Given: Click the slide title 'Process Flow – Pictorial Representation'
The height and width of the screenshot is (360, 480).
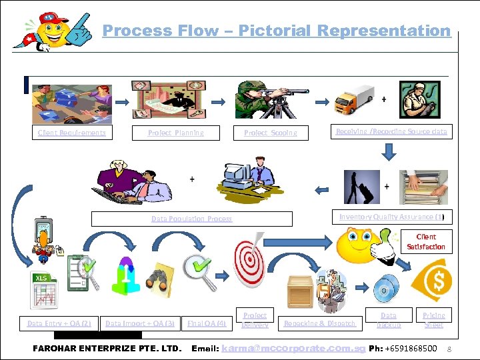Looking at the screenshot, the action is click(x=277, y=31).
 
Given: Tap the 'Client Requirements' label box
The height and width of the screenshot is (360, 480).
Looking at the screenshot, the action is click(x=72, y=133).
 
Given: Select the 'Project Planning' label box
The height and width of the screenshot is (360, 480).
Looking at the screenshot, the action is click(x=176, y=133).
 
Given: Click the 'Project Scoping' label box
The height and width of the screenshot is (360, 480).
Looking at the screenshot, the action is click(x=271, y=133).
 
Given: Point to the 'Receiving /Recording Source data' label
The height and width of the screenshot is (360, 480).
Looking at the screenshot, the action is click(x=391, y=132).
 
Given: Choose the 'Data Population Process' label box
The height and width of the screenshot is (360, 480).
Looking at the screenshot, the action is click(x=191, y=219).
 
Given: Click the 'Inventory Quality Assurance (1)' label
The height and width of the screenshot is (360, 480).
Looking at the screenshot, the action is click(x=391, y=217).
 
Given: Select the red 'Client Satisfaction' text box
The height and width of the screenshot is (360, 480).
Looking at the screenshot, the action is click(x=426, y=241).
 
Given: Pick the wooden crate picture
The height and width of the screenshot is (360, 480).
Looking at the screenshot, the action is click(x=300, y=291).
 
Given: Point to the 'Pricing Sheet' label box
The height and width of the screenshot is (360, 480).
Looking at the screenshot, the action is click(x=434, y=319).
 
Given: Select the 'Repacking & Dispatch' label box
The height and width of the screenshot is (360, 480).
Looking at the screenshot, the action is click(x=319, y=324).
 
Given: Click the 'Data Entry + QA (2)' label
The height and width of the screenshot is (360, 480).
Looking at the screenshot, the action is click(x=59, y=324).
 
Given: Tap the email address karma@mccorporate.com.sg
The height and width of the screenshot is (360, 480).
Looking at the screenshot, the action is click(x=293, y=349).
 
